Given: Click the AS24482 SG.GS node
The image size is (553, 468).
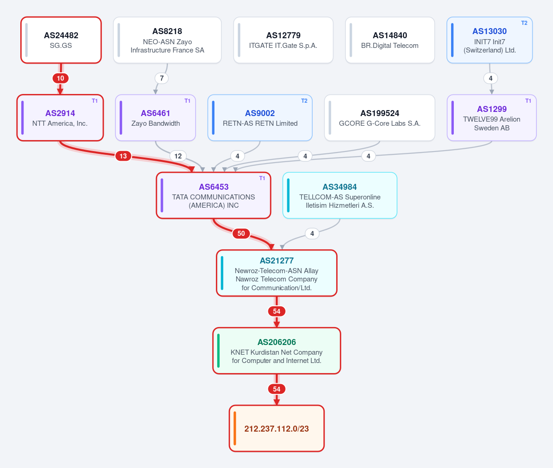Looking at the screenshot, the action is click(x=61, y=40).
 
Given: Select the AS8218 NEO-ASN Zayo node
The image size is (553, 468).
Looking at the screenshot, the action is click(x=167, y=40).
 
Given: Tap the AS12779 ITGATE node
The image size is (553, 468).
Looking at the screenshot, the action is click(x=283, y=40).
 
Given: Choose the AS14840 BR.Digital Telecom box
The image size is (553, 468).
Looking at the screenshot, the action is click(x=390, y=40).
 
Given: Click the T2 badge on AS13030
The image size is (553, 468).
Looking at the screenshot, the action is click(x=524, y=23).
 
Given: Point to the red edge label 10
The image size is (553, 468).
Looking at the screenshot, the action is click(x=61, y=78).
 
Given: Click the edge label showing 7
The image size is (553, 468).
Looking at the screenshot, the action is click(x=161, y=78).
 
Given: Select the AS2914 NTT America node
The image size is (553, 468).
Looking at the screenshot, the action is click(x=60, y=117).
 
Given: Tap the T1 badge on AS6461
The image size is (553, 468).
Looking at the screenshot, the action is click(x=187, y=101).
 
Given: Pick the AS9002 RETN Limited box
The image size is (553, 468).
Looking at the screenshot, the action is click(x=260, y=117).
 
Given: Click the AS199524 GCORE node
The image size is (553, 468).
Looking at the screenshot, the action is click(x=380, y=117).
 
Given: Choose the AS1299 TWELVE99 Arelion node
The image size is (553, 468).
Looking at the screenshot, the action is click(x=492, y=117).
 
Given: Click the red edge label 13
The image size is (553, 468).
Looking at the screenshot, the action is click(x=123, y=156).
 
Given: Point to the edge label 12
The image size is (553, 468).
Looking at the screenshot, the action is click(x=178, y=156).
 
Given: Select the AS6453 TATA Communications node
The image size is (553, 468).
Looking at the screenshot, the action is click(x=214, y=195).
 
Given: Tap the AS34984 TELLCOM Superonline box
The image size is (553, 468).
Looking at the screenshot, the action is click(x=339, y=195).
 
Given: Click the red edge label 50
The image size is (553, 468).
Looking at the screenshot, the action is click(x=241, y=234).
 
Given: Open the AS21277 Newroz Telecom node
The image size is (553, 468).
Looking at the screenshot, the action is click(x=277, y=273).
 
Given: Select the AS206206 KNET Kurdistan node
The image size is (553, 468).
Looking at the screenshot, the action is click(x=277, y=351).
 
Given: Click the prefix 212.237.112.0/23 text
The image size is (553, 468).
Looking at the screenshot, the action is click(x=277, y=428).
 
